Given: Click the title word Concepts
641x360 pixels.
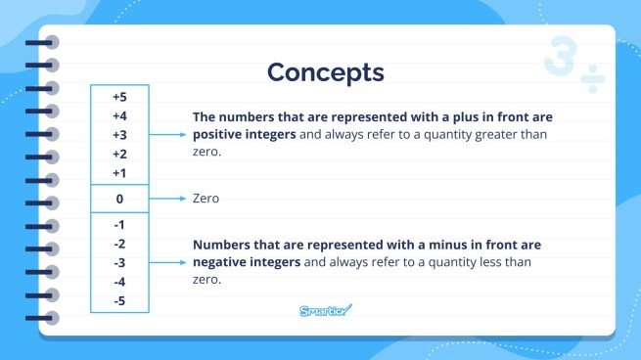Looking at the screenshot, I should [325, 72].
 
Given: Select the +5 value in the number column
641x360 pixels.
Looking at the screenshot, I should [119, 98].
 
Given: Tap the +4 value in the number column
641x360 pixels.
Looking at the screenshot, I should [119, 116].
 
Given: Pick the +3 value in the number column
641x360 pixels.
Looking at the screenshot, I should [119, 135].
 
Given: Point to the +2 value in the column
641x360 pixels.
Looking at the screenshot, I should [119, 154].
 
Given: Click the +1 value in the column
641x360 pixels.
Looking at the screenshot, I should [119, 172].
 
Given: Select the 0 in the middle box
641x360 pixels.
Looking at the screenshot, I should [119, 199].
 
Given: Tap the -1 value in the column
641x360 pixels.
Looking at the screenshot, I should [119, 225].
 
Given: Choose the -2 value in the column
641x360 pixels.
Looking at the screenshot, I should [119, 244].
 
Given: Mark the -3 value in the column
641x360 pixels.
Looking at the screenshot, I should [119, 262].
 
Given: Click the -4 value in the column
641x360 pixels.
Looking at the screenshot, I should [119, 281].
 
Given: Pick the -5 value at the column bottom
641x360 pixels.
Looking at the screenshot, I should [119, 299].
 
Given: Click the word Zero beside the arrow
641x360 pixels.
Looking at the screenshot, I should [206, 199].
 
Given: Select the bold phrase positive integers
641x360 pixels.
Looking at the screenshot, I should [244, 135].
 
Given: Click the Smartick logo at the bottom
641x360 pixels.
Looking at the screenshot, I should [325, 311].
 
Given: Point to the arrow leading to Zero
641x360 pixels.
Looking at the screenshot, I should [167, 199].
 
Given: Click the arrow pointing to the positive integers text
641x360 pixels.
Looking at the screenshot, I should [167, 135].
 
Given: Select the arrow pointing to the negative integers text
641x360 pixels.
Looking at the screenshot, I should [167, 262].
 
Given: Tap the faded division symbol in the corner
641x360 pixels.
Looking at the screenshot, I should [593, 77].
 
